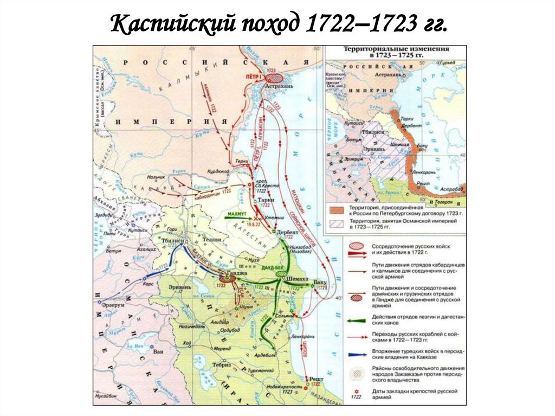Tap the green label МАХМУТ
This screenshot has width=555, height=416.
pos(238,214)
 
